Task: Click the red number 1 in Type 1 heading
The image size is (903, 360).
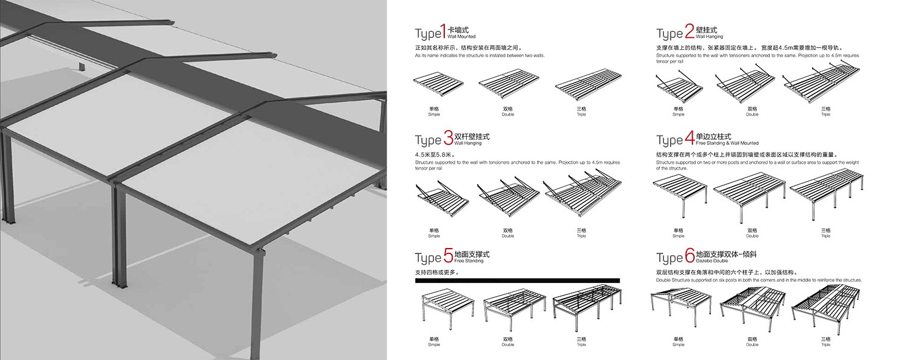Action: click(443, 31)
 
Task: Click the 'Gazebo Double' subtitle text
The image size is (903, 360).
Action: click(711, 262)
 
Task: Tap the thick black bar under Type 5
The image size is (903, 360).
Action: click(518, 280)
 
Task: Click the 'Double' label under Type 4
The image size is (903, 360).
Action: click(752, 236)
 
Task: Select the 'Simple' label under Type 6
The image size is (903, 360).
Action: click(678, 345)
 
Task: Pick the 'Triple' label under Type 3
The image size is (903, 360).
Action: click(582, 236)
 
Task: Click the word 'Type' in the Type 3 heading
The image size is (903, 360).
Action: click(427, 140)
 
